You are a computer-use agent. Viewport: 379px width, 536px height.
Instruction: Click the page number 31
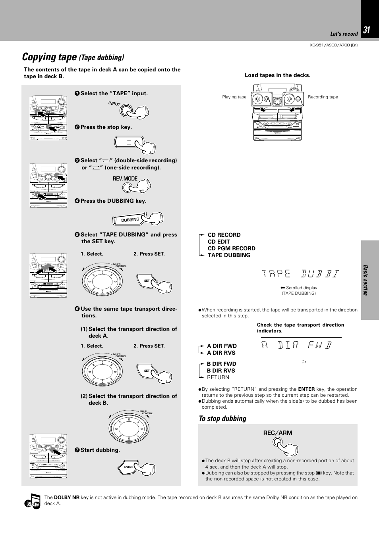coord(366,31)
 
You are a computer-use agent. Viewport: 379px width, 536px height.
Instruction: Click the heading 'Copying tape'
coord(49,57)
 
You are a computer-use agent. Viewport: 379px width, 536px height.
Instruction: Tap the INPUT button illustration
coord(128,110)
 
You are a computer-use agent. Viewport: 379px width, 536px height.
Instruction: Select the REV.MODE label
coord(125,179)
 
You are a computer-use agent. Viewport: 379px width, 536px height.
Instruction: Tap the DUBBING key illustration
coord(131,219)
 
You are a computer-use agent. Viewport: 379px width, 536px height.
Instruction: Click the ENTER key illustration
coord(129,467)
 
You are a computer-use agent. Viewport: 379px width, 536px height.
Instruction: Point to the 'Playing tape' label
coord(234,97)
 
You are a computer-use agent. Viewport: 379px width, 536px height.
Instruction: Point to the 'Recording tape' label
coord(323,97)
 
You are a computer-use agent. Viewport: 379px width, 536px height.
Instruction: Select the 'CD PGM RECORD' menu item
coord(231,248)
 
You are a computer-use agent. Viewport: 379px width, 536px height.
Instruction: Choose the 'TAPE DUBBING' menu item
coord(229,255)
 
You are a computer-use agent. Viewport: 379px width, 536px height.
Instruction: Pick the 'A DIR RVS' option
coord(221,353)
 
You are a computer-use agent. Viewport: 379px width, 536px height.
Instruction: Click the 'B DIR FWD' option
coord(221,364)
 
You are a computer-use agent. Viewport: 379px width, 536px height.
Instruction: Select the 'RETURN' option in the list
coord(218,377)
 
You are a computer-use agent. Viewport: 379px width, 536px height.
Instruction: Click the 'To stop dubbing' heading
coord(222,419)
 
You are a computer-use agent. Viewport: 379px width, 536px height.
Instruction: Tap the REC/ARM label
coord(277,433)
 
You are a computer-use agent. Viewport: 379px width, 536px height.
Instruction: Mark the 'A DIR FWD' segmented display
coord(296,345)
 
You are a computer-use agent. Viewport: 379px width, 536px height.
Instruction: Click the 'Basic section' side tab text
coord(365,280)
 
